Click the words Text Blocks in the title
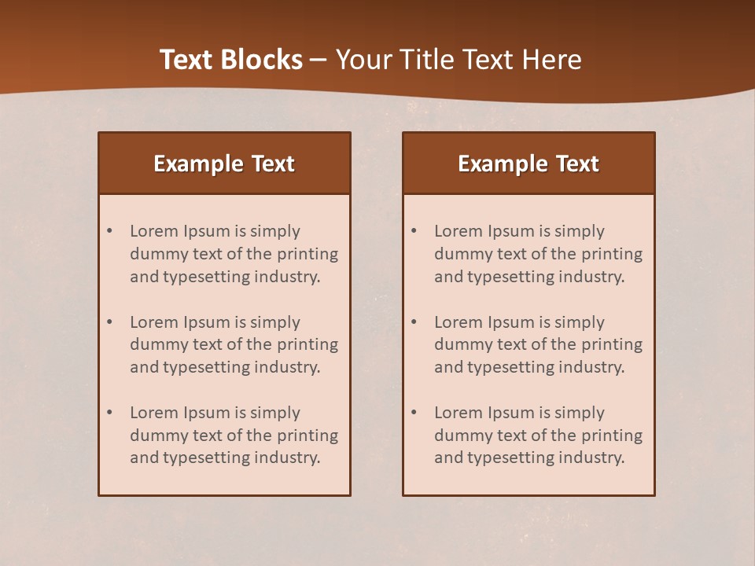tap(230, 60)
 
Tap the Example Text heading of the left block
tap(224, 164)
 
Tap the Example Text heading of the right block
tap(528, 164)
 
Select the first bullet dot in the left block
tap(109, 231)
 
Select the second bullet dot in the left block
tap(109, 322)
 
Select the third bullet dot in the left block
tap(109, 413)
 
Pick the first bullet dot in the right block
tap(414, 231)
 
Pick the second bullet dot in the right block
tap(414, 322)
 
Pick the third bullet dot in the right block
tap(414, 413)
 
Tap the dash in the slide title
tap(319, 60)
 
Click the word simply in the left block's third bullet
tap(276, 413)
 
